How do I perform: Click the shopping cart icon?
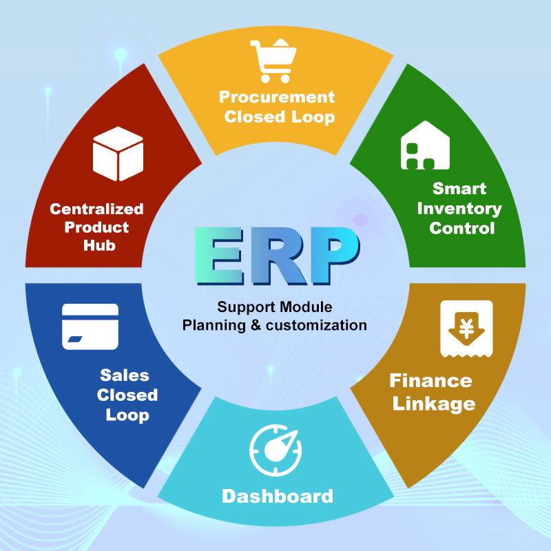275,61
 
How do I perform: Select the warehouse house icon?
425,146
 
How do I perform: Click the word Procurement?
277,97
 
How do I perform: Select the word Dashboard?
277,496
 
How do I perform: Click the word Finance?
430,380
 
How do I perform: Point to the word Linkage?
434,403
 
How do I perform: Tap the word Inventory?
459,208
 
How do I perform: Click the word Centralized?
96,209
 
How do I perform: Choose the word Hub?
96,245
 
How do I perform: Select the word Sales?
125,375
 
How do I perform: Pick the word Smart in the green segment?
459,189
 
